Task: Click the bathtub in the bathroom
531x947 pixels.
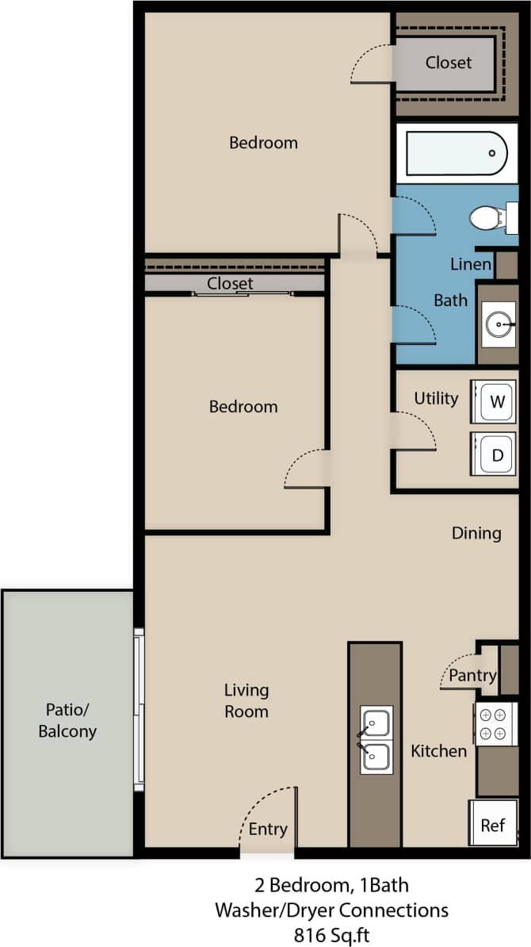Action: click(x=456, y=154)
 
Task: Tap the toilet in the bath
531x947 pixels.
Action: click(x=487, y=218)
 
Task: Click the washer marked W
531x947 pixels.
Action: click(x=495, y=401)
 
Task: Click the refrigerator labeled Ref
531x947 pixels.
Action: click(x=493, y=825)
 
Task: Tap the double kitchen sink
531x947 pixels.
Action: click(x=374, y=739)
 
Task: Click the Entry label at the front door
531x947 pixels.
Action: click(x=267, y=829)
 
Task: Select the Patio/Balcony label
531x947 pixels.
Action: click(x=67, y=720)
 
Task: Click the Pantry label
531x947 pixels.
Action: click(x=472, y=676)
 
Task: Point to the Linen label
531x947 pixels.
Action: click(x=471, y=264)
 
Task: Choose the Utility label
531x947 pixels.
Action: click(x=436, y=398)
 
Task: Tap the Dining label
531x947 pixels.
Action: click(x=476, y=533)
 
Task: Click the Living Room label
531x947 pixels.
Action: click(x=246, y=701)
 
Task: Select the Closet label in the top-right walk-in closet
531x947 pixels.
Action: click(x=448, y=62)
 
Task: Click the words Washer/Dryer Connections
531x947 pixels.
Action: click(x=331, y=910)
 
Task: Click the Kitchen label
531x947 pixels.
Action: click(x=438, y=750)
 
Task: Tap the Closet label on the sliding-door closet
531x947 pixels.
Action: click(x=230, y=283)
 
